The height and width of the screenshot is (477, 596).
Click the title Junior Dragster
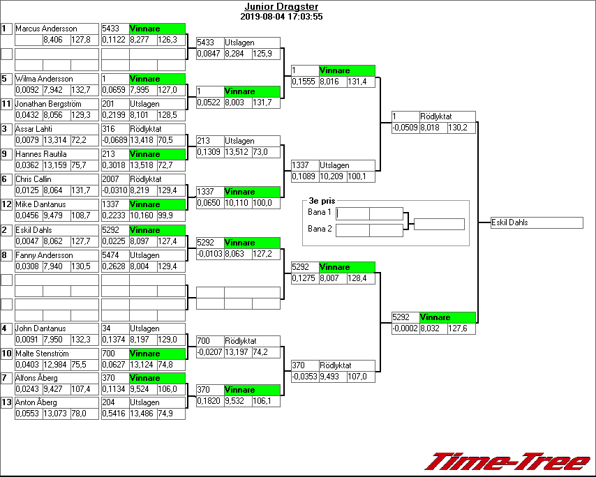278,7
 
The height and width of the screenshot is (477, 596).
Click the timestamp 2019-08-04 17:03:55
281,16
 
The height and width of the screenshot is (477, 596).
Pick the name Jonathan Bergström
48,104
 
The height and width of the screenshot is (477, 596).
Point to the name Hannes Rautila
38,154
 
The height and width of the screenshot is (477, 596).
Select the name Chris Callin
33,179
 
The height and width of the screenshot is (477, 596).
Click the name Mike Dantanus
38,204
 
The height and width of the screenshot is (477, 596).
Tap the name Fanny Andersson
44,255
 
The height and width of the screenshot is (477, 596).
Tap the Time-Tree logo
507,461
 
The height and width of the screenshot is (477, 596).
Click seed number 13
6,402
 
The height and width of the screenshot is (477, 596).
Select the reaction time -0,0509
405,128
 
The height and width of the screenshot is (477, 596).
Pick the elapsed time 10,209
332,177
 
